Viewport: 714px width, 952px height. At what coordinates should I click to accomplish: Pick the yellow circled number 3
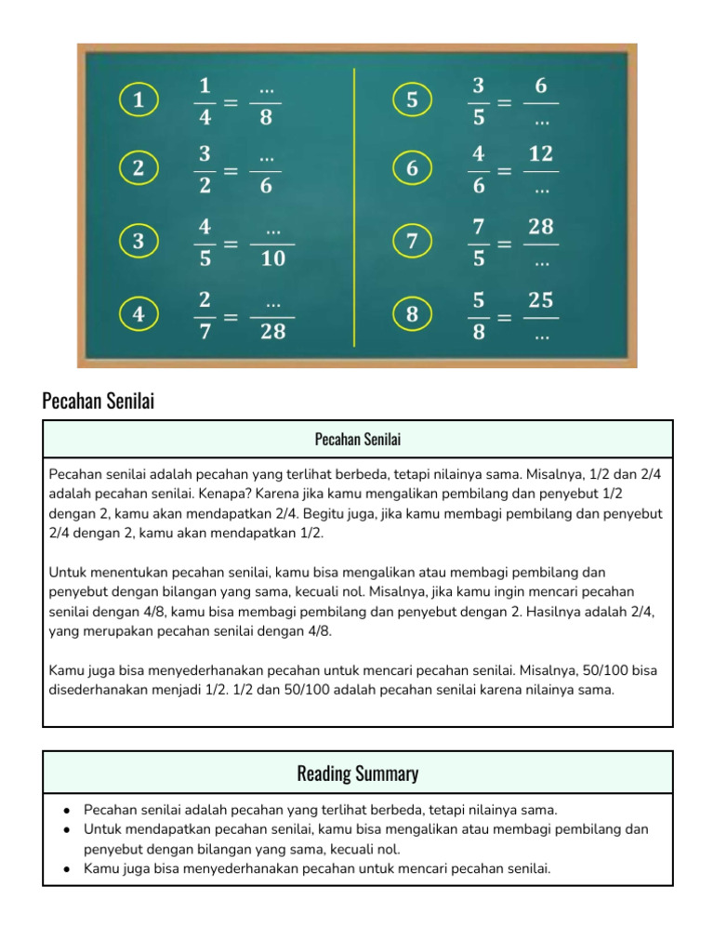(x=139, y=242)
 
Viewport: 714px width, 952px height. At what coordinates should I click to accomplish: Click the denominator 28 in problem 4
(x=272, y=331)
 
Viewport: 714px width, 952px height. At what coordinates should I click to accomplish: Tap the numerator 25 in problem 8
(x=541, y=300)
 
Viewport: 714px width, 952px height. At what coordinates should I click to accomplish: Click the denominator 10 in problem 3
(x=272, y=259)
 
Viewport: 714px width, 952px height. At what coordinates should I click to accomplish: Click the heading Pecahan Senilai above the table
(x=98, y=402)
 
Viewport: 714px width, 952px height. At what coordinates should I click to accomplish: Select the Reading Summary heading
(x=358, y=773)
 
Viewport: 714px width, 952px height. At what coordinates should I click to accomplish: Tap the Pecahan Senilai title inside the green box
(x=358, y=439)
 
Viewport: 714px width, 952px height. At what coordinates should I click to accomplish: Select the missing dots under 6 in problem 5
(x=541, y=119)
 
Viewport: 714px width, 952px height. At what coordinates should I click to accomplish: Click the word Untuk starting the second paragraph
(x=68, y=572)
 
